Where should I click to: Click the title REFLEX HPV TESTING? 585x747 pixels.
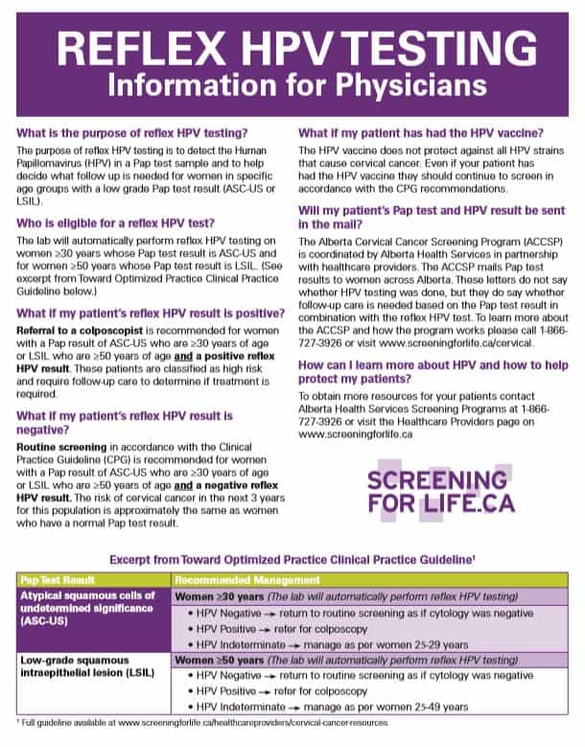click(x=293, y=47)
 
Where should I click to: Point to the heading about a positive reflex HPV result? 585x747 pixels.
click(x=151, y=314)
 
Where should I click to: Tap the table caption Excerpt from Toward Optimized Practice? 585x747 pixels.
click(x=293, y=560)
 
